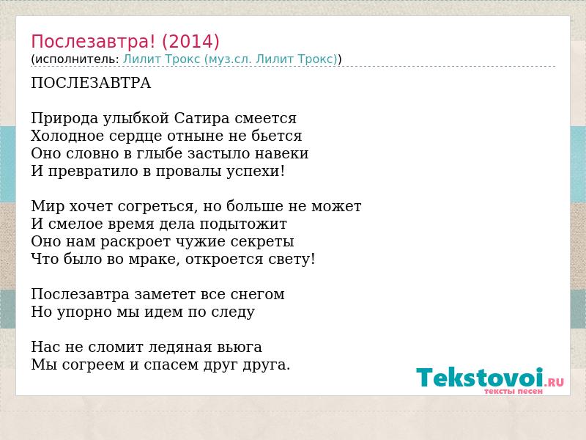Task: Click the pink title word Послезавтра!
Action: coord(93,42)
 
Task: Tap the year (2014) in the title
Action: coord(190,42)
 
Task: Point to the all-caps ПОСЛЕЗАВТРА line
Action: coord(91,83)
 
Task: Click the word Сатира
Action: coord(201,118)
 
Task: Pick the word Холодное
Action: coord(67,136)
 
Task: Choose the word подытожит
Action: coord(243,224)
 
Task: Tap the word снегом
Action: coord(258,295)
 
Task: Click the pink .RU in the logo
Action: coord(555,381)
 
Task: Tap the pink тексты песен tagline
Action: coord(513,391)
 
